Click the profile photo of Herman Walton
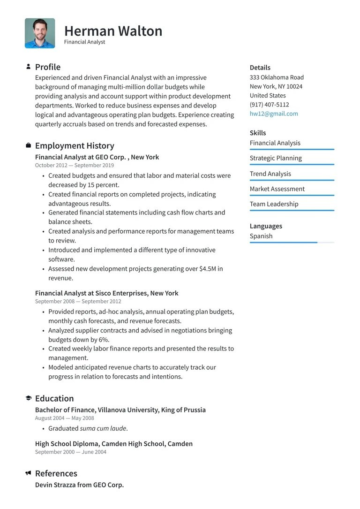[40, 33]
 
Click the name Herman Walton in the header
[113, 31]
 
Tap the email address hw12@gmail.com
[274, 114]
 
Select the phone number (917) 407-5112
[269, 105]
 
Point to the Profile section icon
[29, 67]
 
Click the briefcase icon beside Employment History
[29, 145]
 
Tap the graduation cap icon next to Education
[29, 398]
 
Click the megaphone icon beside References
[29, 473]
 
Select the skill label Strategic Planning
[276, 158]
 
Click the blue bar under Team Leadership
[292, 211]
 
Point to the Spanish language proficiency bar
[292, 243]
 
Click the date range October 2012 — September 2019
[75, 166]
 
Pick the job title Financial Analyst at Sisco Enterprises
[91, 293]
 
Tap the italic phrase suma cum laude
[103, 428]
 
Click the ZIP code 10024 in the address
[294, 86]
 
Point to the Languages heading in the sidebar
[266, 226]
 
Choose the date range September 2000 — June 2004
[71, 452]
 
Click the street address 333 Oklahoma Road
[277, 77]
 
